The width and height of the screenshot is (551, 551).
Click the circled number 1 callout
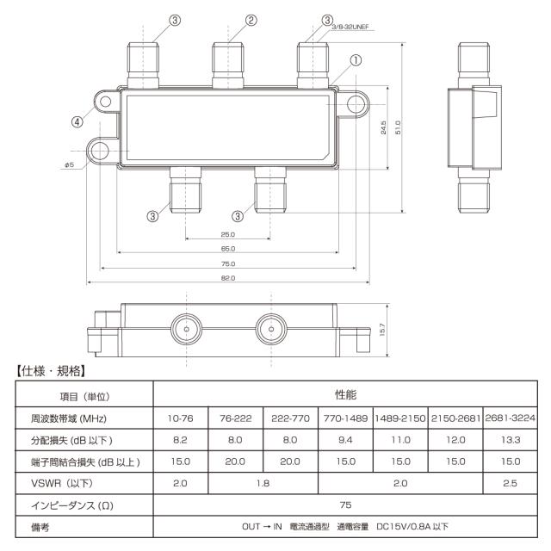[x=356, y=60]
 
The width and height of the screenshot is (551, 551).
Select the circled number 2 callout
[x=251, y=20]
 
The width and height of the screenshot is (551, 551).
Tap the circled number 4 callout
[x=77, y=122]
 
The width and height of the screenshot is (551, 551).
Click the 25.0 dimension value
[x=226, y=234]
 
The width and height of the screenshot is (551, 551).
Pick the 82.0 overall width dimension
[x=226, y=278]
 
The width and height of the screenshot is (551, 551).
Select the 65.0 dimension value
[x=226, y=249]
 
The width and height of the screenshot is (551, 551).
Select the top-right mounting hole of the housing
[x=356, y=103]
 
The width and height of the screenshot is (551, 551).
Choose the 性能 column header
[x=346, y=393]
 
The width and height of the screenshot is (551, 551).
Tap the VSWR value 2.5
[x=511, y=483]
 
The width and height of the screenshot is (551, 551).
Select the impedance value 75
[x=346, y=505]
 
